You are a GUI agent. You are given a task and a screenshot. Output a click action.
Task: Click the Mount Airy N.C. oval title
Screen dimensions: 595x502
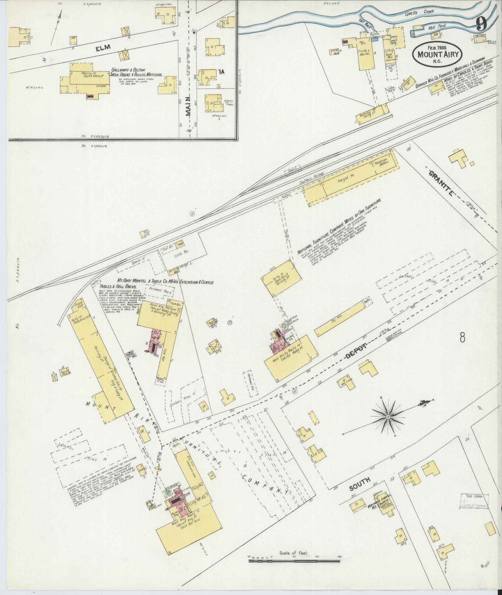437,54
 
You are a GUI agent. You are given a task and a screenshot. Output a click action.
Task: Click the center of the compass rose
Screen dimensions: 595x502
388,416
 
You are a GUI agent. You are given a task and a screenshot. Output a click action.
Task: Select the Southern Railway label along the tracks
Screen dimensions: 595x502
311,180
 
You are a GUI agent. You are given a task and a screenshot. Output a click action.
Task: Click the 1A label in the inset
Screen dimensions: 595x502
221,72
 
